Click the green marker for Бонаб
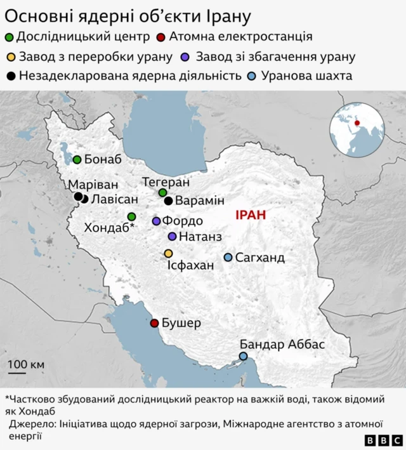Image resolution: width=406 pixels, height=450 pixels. (77, 159)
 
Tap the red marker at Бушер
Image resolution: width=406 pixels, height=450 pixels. (154, 323)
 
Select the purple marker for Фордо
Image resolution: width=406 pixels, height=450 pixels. (156, 221)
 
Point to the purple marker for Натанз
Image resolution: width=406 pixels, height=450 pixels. (172, 236)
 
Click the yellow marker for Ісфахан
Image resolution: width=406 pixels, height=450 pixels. (168, 253)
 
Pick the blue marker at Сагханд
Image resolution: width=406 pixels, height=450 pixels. (228, 257)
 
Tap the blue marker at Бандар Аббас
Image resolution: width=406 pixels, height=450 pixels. (243, 356)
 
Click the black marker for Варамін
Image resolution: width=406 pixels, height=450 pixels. (168, 201)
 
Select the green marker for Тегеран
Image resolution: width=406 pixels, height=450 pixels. (162, 192)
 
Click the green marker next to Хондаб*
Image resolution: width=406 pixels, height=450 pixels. (131, 216)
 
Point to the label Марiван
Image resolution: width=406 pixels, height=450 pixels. (93, 185)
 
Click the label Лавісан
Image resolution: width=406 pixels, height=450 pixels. (113, 199)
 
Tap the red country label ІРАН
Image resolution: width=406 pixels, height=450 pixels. (250, 215)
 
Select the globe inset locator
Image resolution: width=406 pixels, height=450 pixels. (357, 129)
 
